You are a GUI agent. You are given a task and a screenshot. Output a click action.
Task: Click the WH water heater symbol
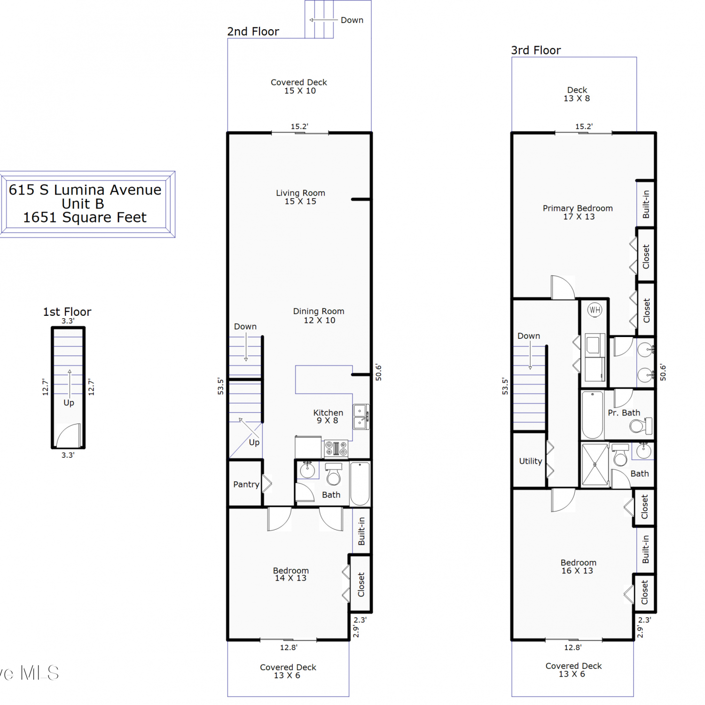(595, 310)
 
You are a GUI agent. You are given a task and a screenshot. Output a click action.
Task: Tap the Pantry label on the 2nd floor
(246, 484)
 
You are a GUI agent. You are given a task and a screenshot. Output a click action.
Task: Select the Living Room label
(300, 197)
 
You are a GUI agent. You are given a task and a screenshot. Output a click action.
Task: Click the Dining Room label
(319, 315)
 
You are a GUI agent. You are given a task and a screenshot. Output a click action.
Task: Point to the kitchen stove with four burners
(336, 448)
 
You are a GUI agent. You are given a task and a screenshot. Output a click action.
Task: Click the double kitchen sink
(360, 417)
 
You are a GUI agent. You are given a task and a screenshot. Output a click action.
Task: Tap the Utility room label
(531, 461)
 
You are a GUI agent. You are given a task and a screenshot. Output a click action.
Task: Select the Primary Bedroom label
(578, 212)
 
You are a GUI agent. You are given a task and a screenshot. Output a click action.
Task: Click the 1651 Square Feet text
(85, 218)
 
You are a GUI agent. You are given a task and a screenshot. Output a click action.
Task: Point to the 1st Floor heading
(67, 312)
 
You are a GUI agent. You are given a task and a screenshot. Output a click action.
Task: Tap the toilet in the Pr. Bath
(641, 426)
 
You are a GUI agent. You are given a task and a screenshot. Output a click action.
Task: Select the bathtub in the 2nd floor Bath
(360, 484)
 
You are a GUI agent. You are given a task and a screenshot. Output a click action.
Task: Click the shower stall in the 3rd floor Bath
(595, 464)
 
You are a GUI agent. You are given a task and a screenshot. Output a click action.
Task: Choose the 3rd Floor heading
(536, 50)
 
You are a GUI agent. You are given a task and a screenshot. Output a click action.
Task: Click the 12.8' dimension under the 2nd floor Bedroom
(289, 647)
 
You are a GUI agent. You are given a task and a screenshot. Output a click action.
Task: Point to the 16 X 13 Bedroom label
(578, 566)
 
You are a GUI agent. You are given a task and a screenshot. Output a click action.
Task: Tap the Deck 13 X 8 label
(577, 94)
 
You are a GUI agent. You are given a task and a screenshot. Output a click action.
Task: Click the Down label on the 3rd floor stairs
(529, 336)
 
